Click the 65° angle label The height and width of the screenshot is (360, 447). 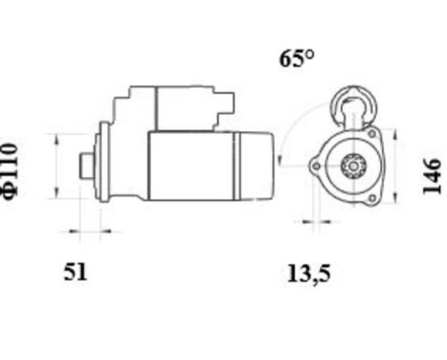pyautogui.click(x=297, y=58)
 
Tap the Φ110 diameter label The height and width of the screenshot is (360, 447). pyautogui.click(x=11, y=169)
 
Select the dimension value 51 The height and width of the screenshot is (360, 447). pyautogui.click(x=76, y=272)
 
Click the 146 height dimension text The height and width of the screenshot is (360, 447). pyautogui.click(x=433, y=177)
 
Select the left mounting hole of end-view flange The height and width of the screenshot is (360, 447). pyautogui.click(x=315, y=167)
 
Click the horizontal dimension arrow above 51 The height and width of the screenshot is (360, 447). pyautogui.click(x=85, y=231)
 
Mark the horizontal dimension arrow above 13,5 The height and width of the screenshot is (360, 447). pyautogui.click(x=311, y=222)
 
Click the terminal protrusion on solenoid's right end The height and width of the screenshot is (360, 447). pyautogui.click(x=227, y=103)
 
